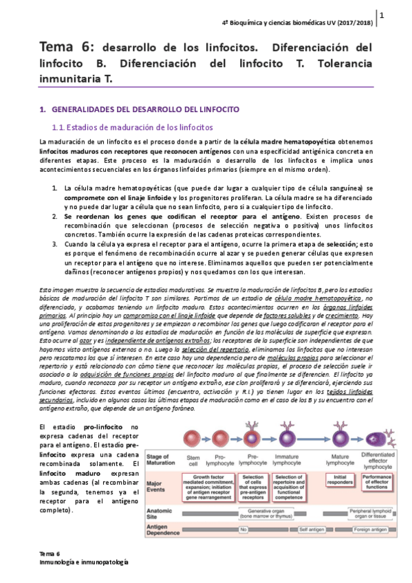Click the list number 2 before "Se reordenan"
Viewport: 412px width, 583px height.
click(x=54, y=216)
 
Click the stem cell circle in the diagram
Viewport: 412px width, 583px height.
click(x=192, y=439)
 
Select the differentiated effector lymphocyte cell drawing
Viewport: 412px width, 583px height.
click(x=377, y=438)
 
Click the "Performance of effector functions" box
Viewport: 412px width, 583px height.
click(x=376, y=481)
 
